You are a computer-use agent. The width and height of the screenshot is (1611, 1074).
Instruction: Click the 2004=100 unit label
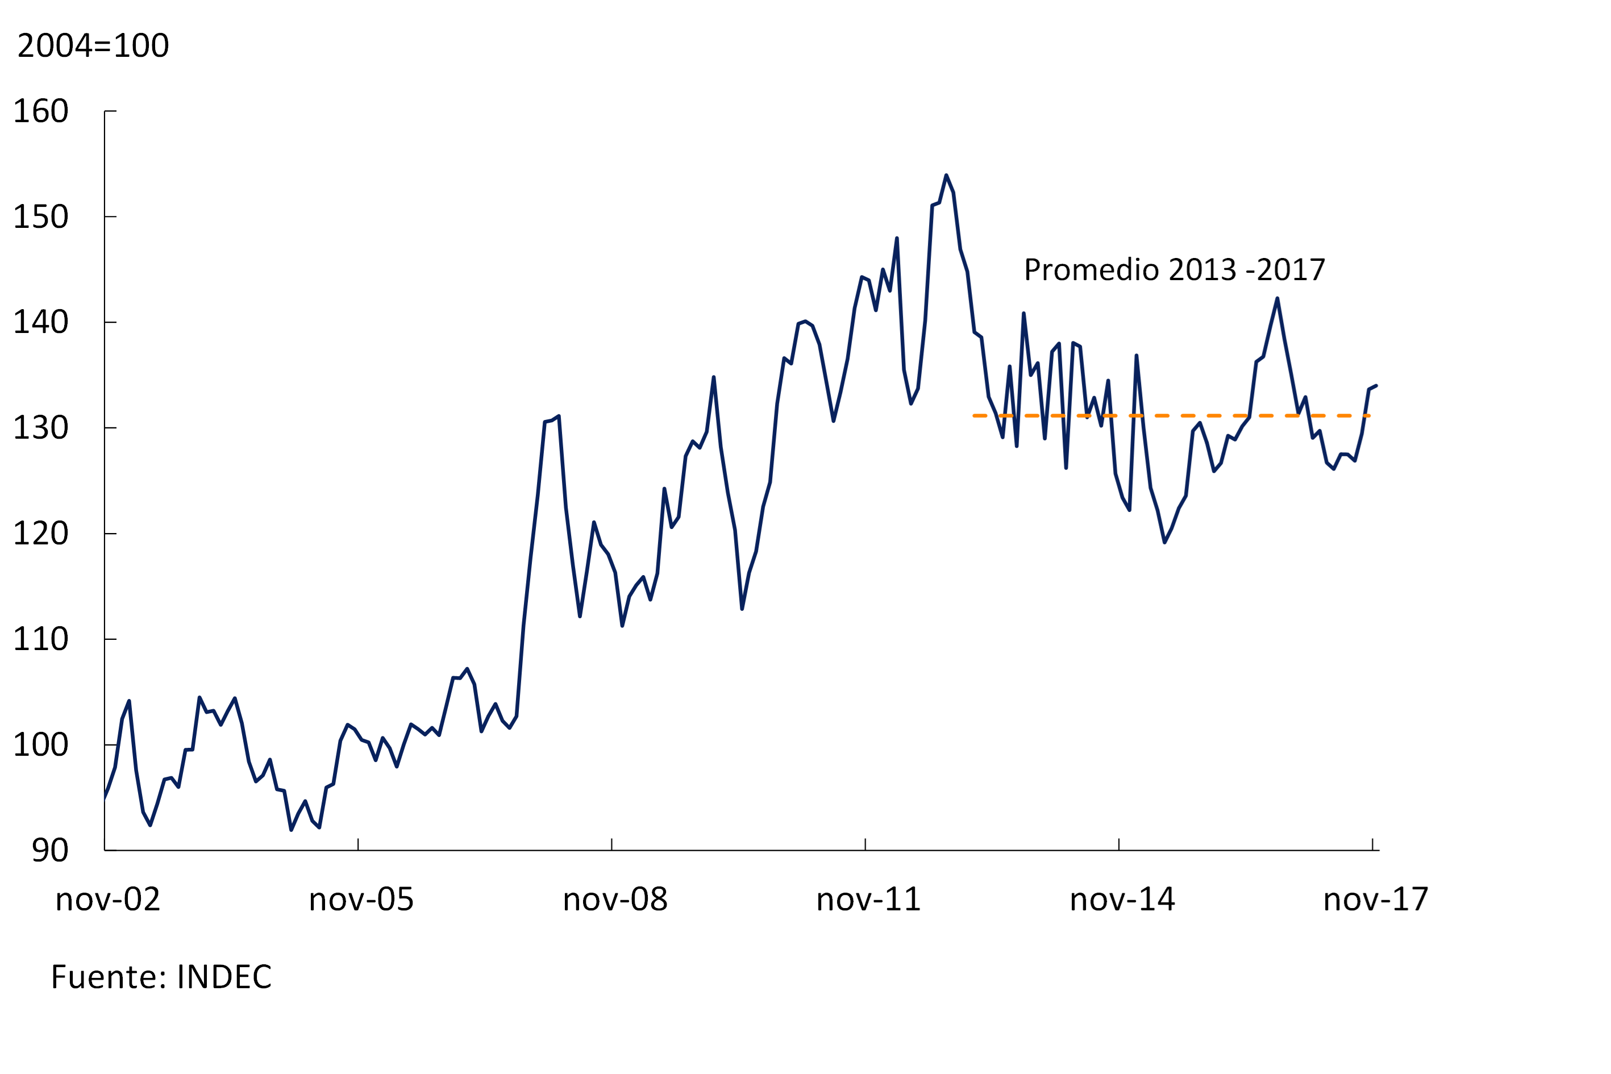click(93, 47)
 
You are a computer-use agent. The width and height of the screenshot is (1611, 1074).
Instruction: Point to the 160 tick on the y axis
click(41, 111)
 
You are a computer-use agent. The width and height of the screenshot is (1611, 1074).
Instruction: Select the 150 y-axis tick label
click(41, 217)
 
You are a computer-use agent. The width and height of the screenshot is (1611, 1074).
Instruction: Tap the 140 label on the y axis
click(41, 323)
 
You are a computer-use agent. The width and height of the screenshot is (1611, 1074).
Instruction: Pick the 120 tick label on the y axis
click(41, 534)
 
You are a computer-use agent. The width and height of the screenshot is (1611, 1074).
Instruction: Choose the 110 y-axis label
click(41, 640)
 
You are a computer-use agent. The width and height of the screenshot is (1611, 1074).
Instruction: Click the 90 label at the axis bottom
click(50, 851)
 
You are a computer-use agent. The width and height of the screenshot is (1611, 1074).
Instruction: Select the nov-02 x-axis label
click(107, 900)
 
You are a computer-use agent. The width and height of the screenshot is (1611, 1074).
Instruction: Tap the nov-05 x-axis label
click(361, 900)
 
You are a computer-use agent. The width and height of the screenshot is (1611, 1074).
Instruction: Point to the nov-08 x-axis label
click(615, 900)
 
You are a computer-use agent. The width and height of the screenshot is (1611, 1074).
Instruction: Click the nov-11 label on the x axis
click(868, 900)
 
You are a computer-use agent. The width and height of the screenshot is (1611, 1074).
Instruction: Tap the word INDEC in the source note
click(224, 977)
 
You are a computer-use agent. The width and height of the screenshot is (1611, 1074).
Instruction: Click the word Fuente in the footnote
click(104, 977)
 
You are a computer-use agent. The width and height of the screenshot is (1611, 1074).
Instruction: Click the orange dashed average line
click(1198, 416)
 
